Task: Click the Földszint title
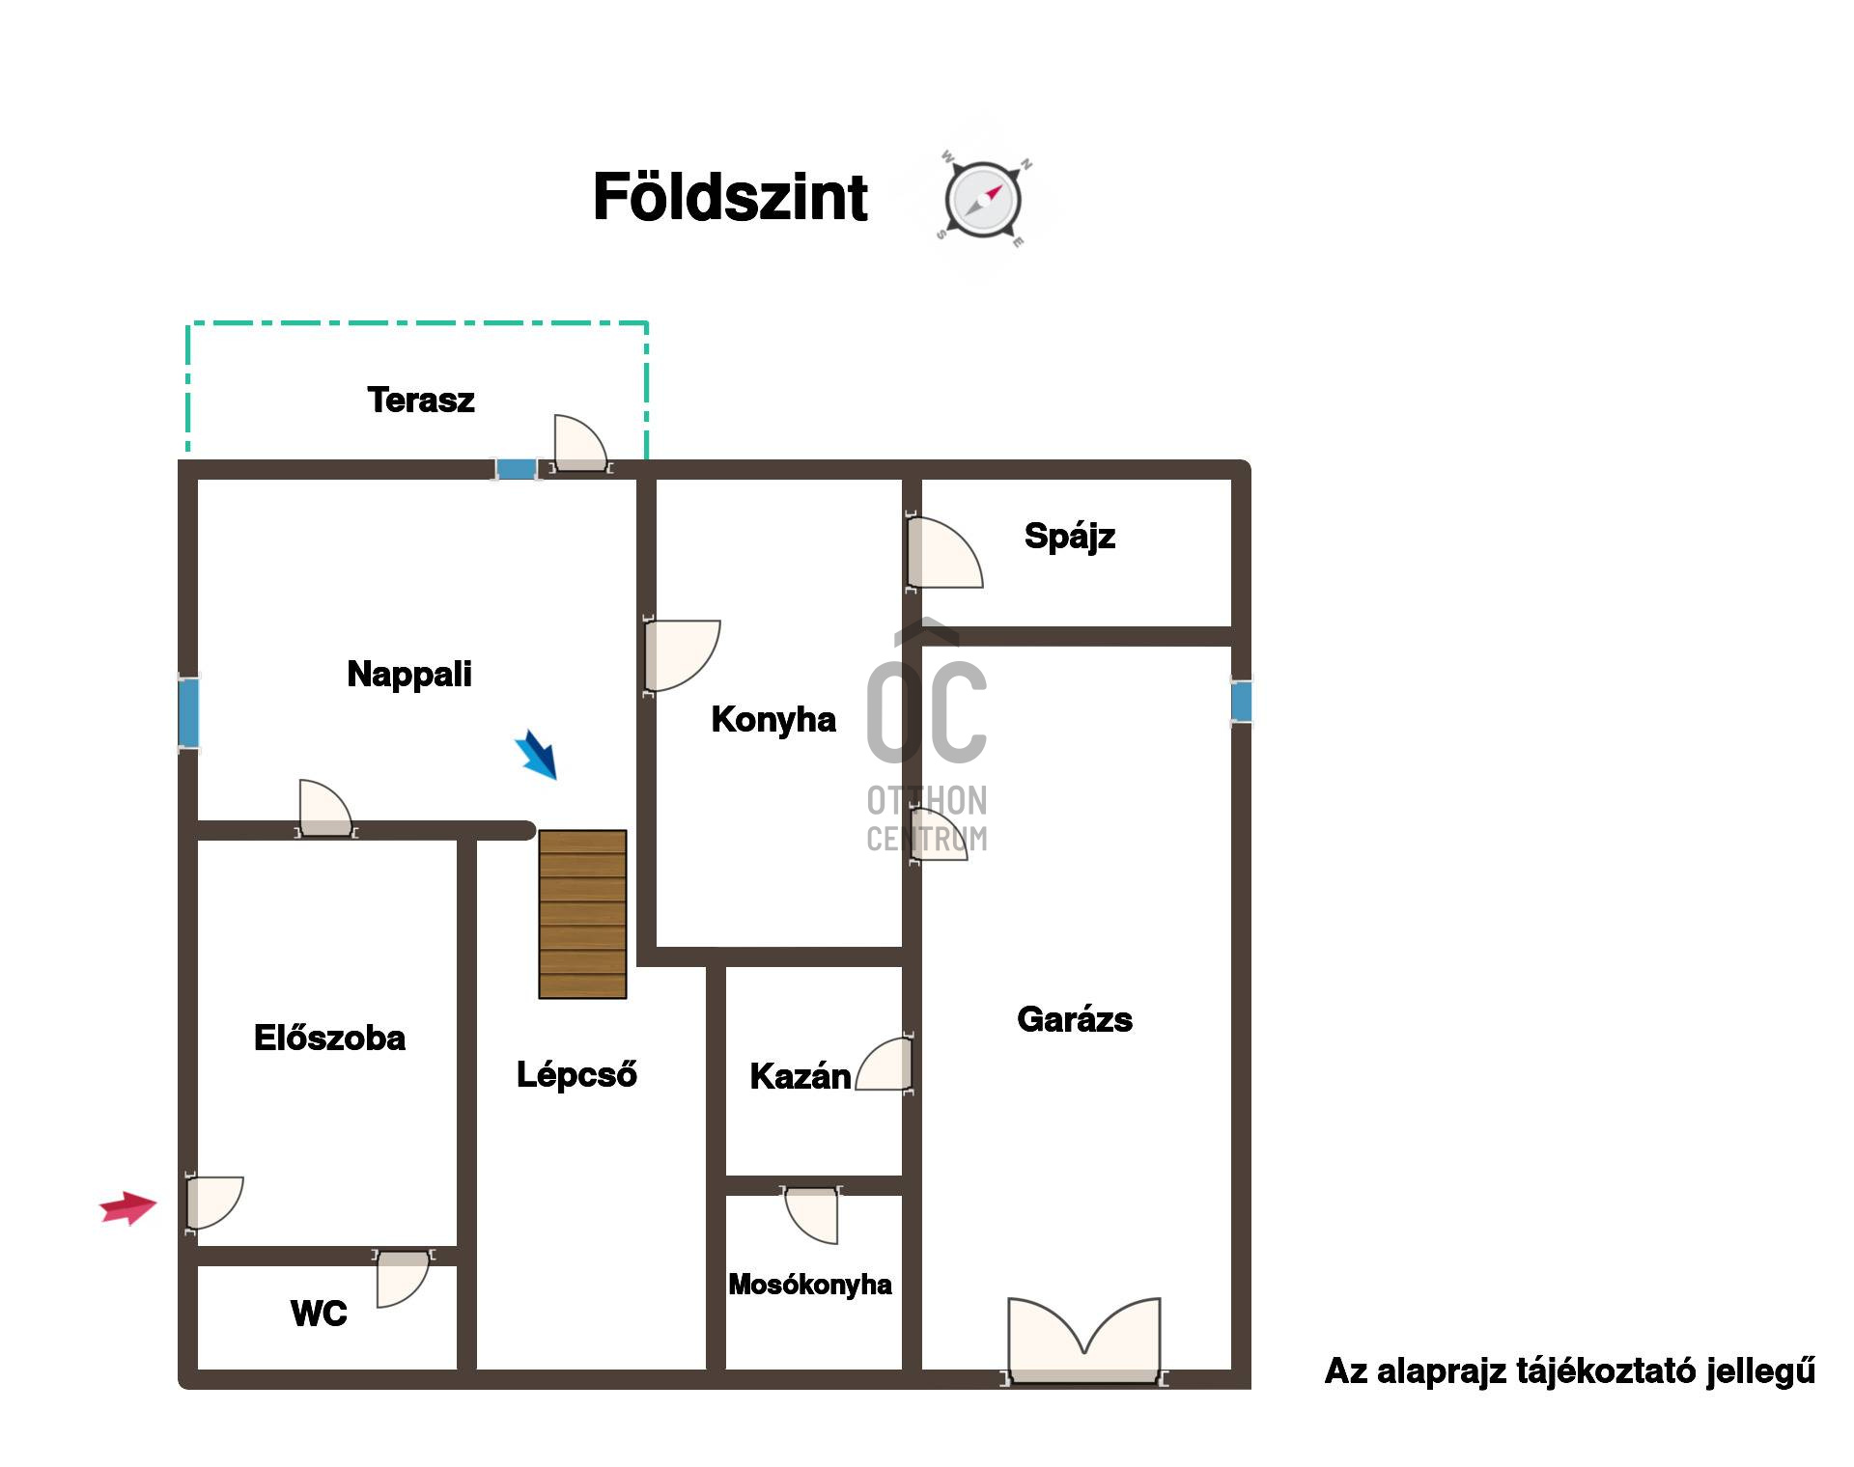tap(730, 197)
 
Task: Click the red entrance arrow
tap(128, 1207)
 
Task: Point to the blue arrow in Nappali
tap(536, 754)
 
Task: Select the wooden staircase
tap(582, 914)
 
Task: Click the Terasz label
tap(421, 400)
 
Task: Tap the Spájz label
tap(1070, 536)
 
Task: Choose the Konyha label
tap(773, 719)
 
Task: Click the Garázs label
tap(1075, 1019)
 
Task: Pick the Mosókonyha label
tap(810, 1285)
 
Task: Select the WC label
tap(319, 1314)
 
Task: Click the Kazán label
tap(801, 1076)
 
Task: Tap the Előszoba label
tap(329, 1038)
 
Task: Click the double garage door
tap(1084, 1340)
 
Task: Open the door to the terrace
tap(580, 444)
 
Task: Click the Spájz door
tap(943, 552)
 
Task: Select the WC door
tap(403, 1278)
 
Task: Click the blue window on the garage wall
tap(1241, 702)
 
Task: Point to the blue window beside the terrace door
tap(517, 469)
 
